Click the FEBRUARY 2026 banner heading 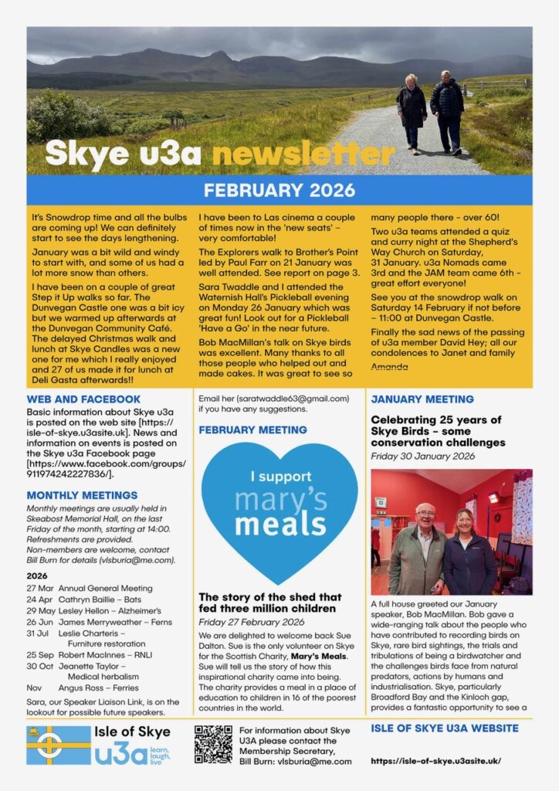(279, 190)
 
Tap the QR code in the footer (212, 745)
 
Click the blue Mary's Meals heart (279, 510)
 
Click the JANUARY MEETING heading (422, 399)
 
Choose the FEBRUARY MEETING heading (252, 429)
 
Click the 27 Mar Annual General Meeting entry (94, 589)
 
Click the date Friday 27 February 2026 (251, 622)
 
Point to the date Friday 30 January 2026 (422, 456)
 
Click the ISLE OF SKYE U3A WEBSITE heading (445, 728)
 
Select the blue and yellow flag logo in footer (58, 745)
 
